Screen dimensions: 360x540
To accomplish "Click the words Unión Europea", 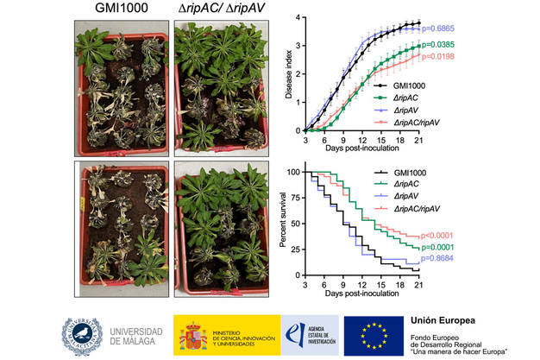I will (440, 319).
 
